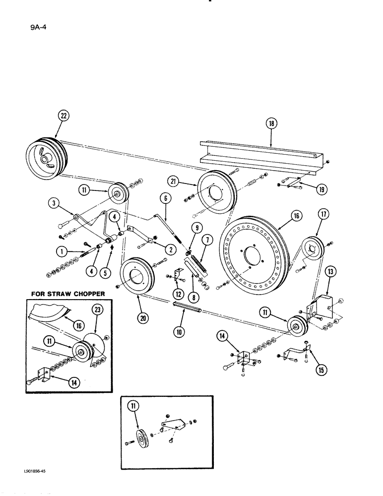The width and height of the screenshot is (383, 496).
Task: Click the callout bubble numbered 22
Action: coord(63,116)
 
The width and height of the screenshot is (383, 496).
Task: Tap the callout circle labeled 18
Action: coord(271,124)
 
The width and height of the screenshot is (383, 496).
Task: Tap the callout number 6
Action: coord(165,198)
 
